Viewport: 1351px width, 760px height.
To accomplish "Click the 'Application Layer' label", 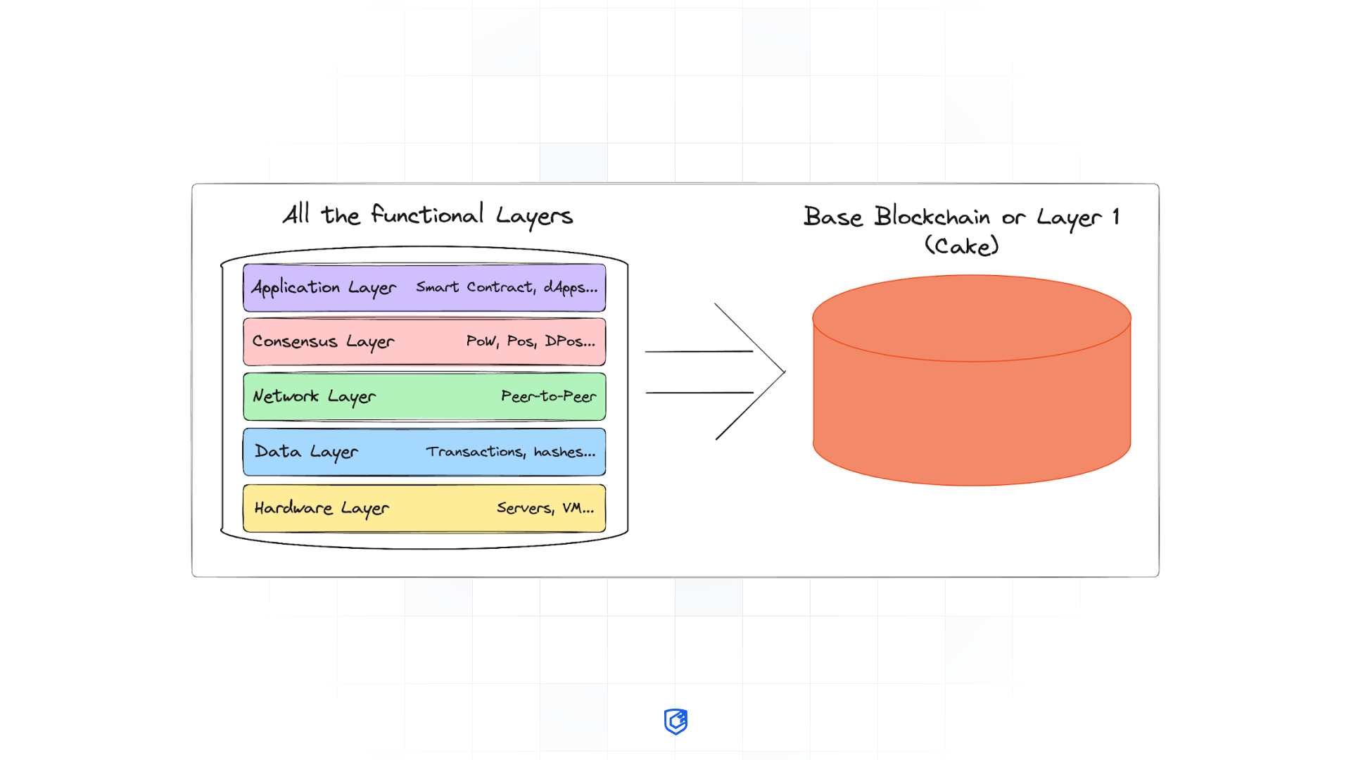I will [x=324, y=288].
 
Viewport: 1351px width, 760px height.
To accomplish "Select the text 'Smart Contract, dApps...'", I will [x=507, y=287].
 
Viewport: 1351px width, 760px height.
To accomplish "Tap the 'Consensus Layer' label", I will [x=323, y=342].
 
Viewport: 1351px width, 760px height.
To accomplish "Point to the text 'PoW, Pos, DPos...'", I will [x=531, y=341].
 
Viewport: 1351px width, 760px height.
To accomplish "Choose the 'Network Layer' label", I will [x=314, y=397].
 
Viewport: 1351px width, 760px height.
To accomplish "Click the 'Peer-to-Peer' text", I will [x=548, y=396].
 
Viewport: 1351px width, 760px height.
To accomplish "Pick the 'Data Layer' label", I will [x=306, y=452].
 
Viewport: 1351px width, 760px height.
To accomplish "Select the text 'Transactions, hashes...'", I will [x=510, y=452].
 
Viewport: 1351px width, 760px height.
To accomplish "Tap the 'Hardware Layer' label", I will [x=322, y=508].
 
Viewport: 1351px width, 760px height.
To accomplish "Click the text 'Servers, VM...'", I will [x=545, y=508].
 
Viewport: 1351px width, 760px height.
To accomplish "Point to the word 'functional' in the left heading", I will [x=427, y=214].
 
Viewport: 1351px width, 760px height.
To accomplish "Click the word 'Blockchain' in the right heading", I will [x=932, y=216].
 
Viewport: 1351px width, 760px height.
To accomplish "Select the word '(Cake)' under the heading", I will [x=961, y=246].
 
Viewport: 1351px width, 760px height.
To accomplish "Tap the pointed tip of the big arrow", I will [x=784, y=372].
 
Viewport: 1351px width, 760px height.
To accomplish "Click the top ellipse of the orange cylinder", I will [x=972, y=318].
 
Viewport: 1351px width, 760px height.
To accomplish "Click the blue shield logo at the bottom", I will [x=675, y=721].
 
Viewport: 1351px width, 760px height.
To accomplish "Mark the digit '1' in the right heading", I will [x=1116, y=216].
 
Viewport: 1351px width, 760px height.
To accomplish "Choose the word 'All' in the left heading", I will [x=296, y=213].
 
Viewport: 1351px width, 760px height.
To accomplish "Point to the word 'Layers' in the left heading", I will [x=534, y=215].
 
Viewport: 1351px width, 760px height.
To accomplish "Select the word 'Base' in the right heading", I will [x=833, y=216].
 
